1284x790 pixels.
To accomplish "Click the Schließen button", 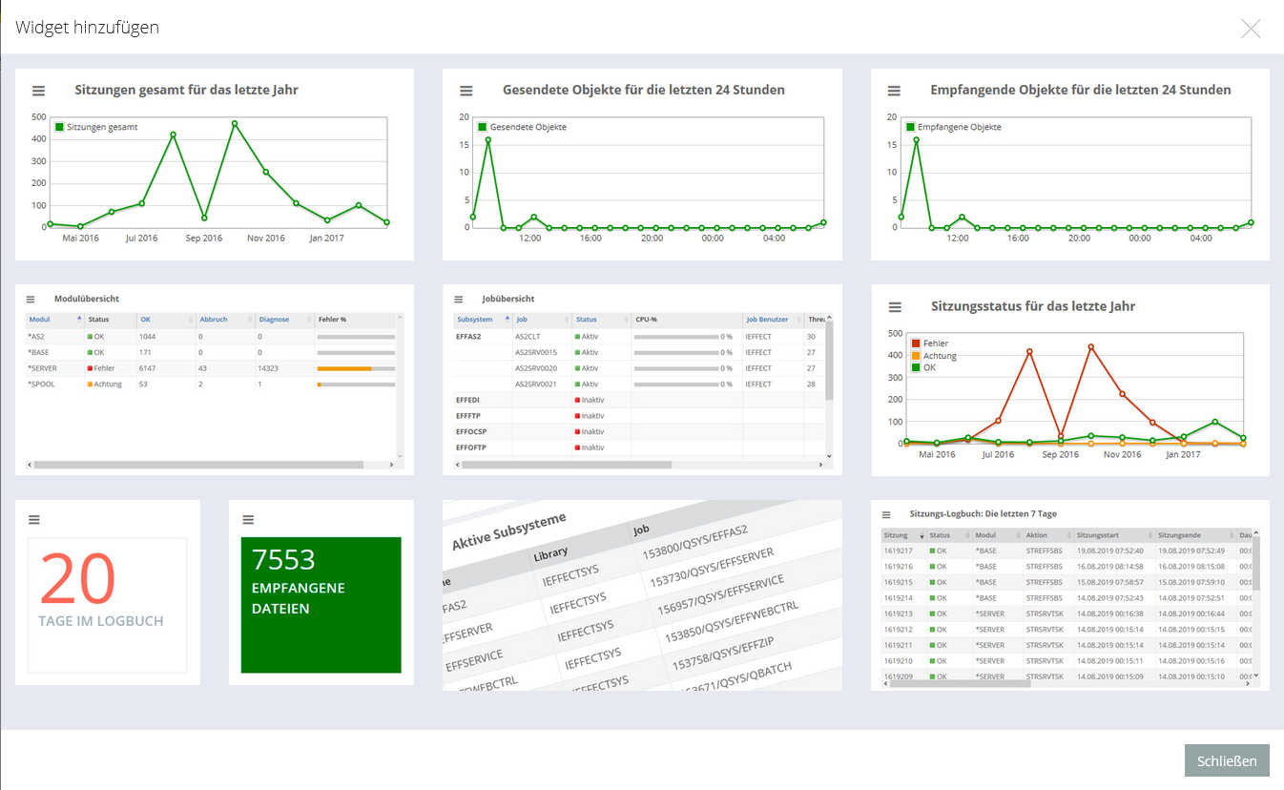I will click(1227, 760).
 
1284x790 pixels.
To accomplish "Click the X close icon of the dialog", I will click(1251, 29).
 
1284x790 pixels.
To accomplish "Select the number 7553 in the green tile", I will click(283, 559).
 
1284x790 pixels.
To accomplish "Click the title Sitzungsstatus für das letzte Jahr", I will click(1033, 306).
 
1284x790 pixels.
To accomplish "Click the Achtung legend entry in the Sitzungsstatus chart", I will click(939, 356).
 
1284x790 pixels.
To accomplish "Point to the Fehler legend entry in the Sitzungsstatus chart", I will click(936, 343).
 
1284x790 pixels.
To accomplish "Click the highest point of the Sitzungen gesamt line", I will click(234, 123).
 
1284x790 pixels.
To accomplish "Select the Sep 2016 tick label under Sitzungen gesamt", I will click(203, 238).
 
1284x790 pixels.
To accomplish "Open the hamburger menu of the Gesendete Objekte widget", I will click(466, 91).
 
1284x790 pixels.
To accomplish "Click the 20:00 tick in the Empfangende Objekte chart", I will click(1079, 238).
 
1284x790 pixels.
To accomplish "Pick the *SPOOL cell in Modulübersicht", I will click(42, 384).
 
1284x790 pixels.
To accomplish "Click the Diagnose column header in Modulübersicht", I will click(273, 320).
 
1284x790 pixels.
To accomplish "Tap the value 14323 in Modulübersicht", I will click(271, 367).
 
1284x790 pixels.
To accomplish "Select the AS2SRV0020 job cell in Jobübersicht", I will click(536, 367).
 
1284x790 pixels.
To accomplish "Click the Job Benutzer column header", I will click(767, 320).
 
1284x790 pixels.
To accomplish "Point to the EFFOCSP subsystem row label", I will click(471, 431).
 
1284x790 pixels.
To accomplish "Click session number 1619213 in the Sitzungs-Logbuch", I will click(899, 613).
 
